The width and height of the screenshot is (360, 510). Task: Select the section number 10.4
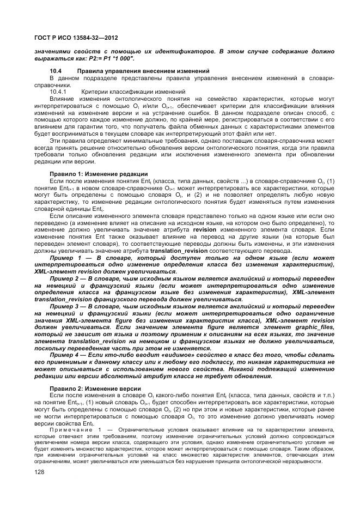tap(57, 71)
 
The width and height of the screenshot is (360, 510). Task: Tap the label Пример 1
tap(64, 257)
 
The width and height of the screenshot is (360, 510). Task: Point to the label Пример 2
tap(64, 277)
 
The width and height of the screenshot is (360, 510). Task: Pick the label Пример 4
tap(64, 355)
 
